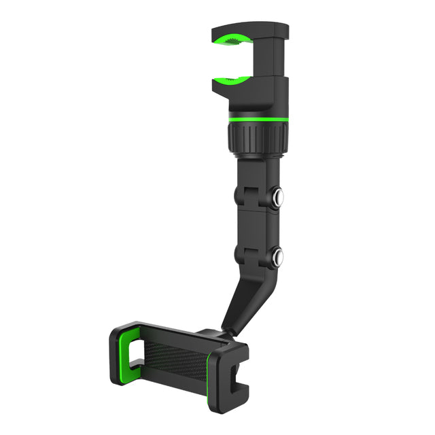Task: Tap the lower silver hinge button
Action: pos(277,256)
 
